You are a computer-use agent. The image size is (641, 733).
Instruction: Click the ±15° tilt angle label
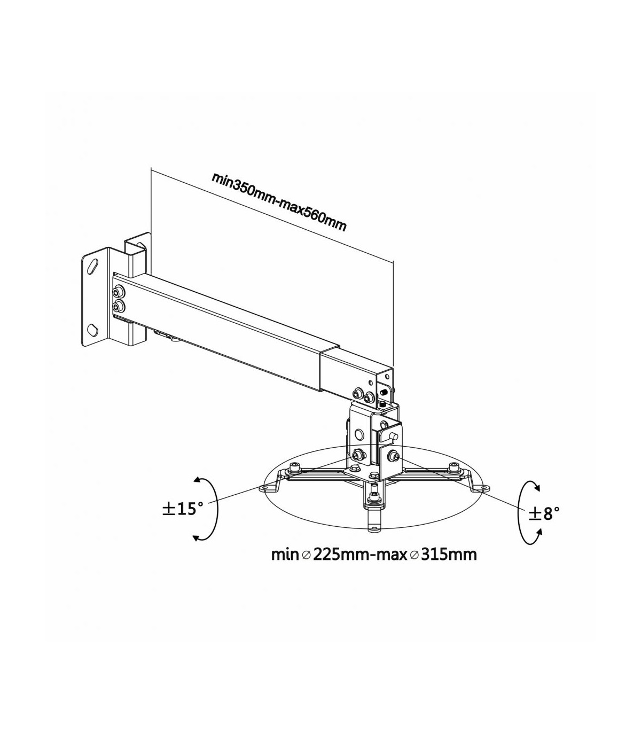coord(183,509)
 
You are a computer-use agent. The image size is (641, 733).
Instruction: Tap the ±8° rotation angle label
coord(544,513)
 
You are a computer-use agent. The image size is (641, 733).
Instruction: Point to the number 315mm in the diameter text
coord(449,555)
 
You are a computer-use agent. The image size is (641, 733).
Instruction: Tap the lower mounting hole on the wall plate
coord(92,329)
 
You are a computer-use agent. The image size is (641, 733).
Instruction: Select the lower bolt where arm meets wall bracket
coord(119,307)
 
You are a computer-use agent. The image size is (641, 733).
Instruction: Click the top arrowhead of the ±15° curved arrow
coord(196,481)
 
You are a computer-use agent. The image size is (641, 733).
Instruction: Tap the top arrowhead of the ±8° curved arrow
coord(537,487)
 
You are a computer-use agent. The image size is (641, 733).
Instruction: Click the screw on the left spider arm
coord(294,467)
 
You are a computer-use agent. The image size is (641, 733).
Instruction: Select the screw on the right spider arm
coord(452,466)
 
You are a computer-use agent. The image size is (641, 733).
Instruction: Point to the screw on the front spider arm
coord(374,496)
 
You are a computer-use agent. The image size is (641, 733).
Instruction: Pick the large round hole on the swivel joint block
coord(358,434)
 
